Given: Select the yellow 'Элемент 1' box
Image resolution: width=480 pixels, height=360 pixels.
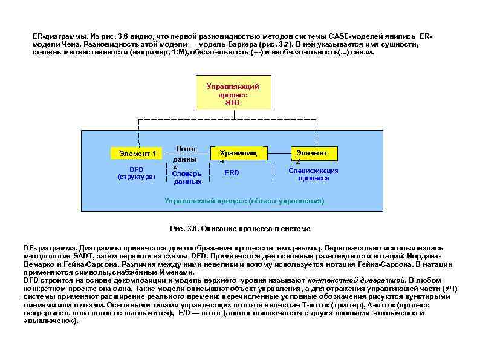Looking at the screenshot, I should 137,154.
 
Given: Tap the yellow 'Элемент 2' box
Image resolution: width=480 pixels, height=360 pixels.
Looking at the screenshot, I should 313,154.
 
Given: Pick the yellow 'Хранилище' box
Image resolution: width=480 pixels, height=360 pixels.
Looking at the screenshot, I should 236,154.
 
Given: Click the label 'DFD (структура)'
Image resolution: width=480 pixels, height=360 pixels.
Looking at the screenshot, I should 137,173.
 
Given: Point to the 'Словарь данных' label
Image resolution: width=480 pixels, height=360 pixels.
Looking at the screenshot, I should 187,177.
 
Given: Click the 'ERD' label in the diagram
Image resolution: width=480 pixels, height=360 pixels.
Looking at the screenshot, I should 232,173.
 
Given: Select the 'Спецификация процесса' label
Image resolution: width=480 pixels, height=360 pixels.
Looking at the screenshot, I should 313,174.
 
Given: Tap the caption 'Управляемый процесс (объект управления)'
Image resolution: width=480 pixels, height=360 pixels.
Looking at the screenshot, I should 244,200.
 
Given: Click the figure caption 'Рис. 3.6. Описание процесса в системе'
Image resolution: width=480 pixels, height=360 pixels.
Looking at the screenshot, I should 240,228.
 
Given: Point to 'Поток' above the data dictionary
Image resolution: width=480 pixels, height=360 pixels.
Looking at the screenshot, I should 187,148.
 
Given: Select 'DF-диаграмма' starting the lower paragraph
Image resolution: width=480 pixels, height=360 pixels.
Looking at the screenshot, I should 48,249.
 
